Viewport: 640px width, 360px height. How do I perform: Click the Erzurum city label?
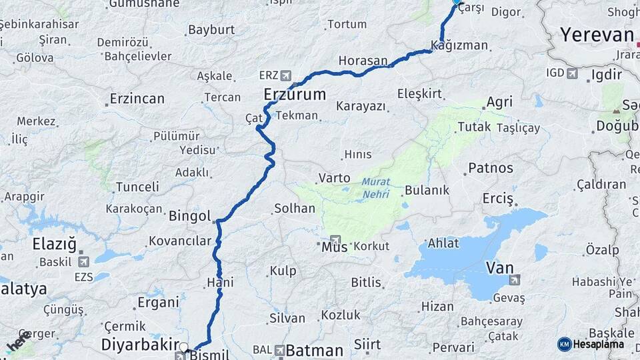tap(295, 94)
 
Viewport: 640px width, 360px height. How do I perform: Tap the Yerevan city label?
tap(597, 35)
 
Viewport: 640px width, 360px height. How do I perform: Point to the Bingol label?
tap(190, 217)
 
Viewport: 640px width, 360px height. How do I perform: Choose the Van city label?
tap(499, 267)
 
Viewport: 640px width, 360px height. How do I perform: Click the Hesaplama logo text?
tap(599, 344)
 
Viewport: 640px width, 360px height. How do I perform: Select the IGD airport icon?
tap(572, 73)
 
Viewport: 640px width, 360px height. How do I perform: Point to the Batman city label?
tap(315, 350)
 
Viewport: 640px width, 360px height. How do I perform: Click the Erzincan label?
tap(137, 99)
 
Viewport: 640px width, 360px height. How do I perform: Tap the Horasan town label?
tap(363, 61)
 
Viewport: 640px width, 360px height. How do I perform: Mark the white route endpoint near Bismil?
tap(184, 347)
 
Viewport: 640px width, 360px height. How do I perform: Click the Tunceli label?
tap(137, 187)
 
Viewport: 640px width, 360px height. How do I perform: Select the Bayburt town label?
tap(211, 29)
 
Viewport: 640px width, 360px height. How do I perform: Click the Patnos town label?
tap(491, 167)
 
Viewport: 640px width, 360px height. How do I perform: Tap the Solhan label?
tap(294, 208)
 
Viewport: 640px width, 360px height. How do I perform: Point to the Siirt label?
tap(367, 344)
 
